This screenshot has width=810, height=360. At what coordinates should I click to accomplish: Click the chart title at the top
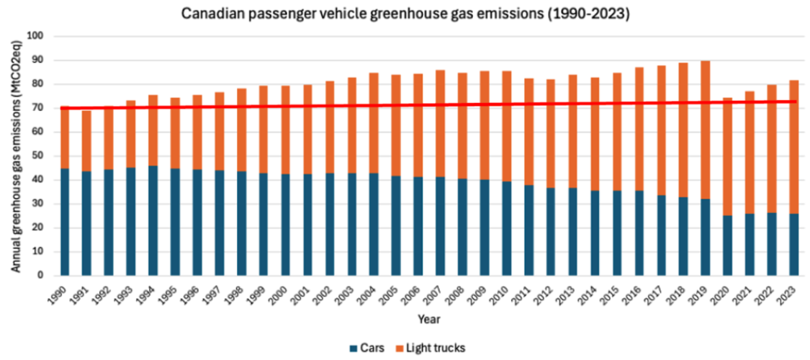[405, 14]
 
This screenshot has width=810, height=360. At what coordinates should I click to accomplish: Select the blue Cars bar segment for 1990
[65, 222]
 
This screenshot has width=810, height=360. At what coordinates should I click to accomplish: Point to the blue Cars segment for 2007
[440, 226]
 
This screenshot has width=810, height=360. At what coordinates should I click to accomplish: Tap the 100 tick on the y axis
[40, 36]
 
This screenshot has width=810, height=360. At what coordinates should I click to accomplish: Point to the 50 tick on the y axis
[42, 156]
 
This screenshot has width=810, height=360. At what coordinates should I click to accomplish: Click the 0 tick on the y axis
[45, 276]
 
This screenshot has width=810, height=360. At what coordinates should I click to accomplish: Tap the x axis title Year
[430, 320]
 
